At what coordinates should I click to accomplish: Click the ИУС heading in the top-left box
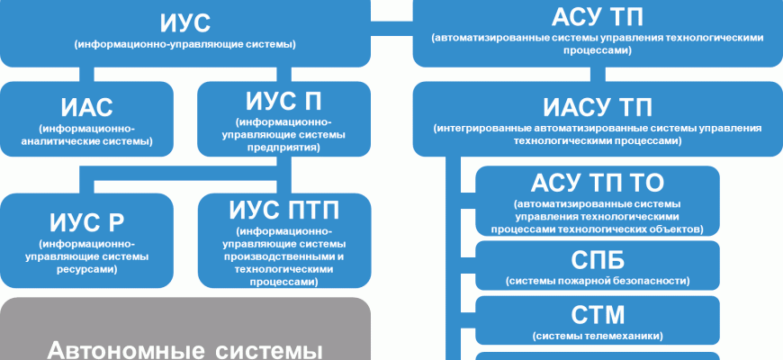(x=186, y=22)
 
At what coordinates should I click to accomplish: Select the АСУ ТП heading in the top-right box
(x=598, y=17)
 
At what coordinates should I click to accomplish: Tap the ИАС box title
(x=88, y=107)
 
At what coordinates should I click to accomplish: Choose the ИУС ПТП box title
(x=283, y=211)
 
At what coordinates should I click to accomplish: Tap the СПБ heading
(x=598, y=260)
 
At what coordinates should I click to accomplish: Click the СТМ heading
(x=598, y=315)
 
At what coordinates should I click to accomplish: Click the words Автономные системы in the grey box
(x=184, y=349)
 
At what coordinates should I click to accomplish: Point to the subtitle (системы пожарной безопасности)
(x=598, y=281)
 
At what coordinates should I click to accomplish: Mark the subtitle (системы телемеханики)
(x=598, y=336)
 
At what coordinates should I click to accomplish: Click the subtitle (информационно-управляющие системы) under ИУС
(x=186, y=43)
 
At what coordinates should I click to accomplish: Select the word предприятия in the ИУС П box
(x=283, y=147)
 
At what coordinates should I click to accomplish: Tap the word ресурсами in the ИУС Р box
(x=87, y=268)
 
